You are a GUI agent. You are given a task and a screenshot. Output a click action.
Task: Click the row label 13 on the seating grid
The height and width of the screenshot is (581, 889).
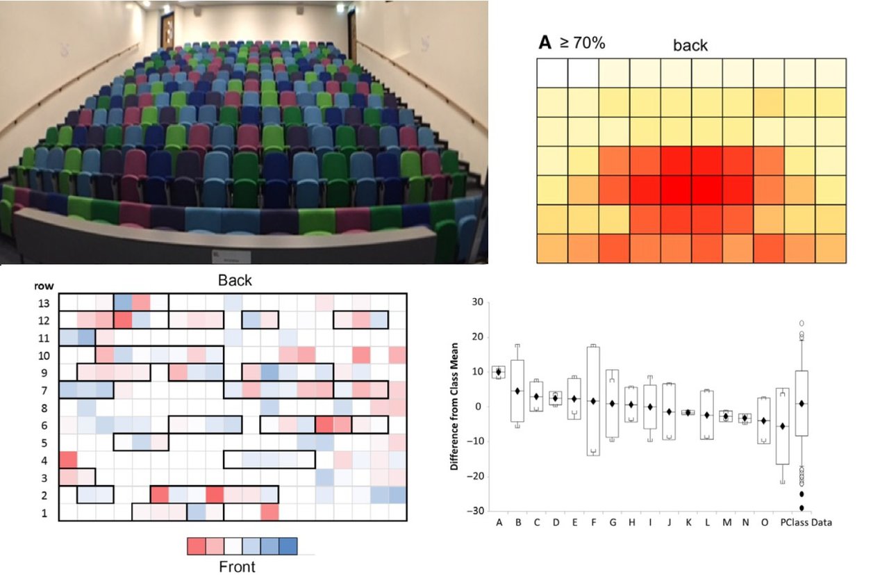tap(43, 302)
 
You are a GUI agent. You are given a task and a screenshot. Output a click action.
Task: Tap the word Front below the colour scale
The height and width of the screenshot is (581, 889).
tap(237, 566)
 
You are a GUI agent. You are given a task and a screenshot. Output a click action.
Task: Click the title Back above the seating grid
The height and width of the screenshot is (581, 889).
tap(235, 281)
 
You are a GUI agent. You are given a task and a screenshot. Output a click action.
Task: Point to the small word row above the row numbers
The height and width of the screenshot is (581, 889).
tap(44, 286)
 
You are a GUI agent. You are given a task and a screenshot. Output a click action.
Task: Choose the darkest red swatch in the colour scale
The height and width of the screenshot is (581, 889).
tap(198, 546)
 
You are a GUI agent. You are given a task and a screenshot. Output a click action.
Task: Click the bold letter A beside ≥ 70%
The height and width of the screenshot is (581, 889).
tap(546, 43)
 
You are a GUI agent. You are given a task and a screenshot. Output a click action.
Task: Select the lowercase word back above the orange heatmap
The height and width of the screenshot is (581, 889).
tap(690, 46)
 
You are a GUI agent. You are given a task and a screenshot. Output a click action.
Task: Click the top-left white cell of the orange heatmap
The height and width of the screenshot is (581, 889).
tap(552, 72)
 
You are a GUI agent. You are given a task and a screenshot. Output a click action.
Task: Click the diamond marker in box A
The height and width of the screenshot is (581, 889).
tap(498, 372)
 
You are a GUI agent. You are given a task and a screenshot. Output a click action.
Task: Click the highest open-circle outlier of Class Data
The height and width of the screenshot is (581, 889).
tap(801, 323)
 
